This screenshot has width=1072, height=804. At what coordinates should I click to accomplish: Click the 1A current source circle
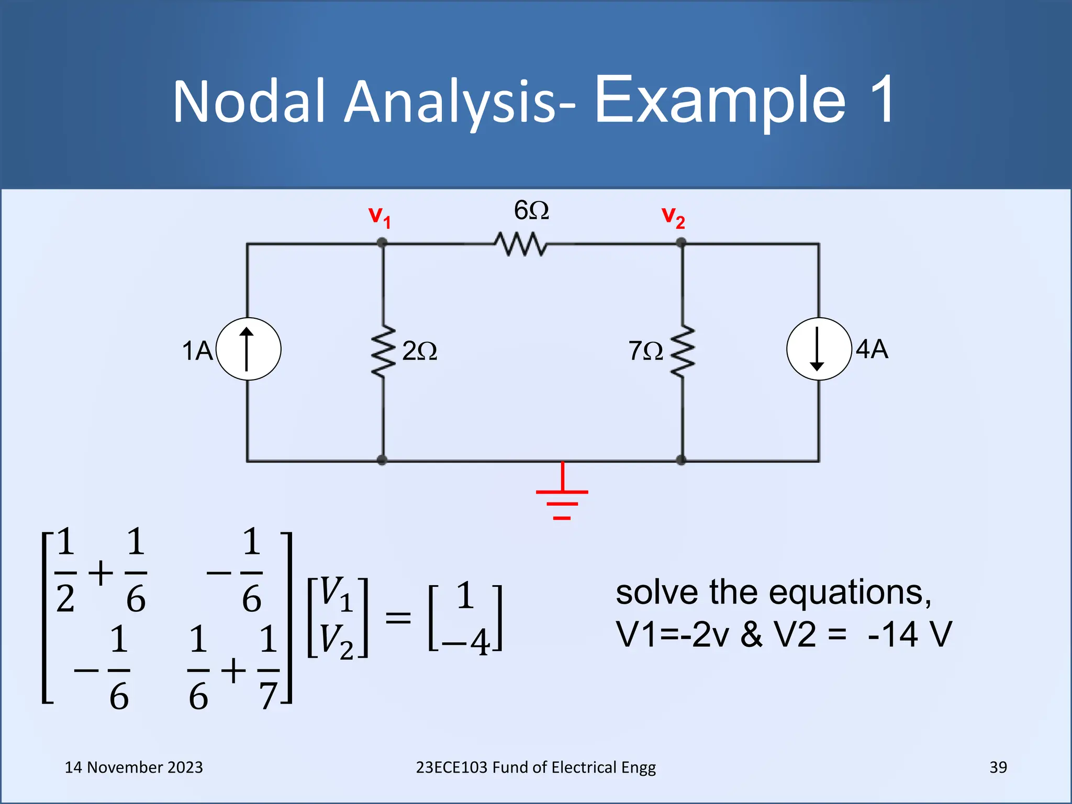click(x=248, y=349)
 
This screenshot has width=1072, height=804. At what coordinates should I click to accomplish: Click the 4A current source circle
click(x=819, y=349)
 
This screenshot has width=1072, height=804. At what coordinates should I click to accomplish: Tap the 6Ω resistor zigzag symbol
click(x=520, y=244)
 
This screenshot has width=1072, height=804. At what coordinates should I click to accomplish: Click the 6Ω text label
click(x=531, y=210)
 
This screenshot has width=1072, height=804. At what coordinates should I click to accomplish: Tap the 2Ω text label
click(x=419, y=351)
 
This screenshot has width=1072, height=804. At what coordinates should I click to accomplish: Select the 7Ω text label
click(x=645, y=351)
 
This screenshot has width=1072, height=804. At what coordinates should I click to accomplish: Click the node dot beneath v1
click(x=382, y=243)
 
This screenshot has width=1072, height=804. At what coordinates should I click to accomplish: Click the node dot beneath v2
click(x=681, y=243)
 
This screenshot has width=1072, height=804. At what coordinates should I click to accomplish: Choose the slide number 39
click(x=998, y=767)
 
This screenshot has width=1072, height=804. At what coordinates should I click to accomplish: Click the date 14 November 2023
click(x=133, y=767)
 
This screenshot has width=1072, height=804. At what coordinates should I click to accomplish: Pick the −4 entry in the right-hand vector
click(x=466, y=642)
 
